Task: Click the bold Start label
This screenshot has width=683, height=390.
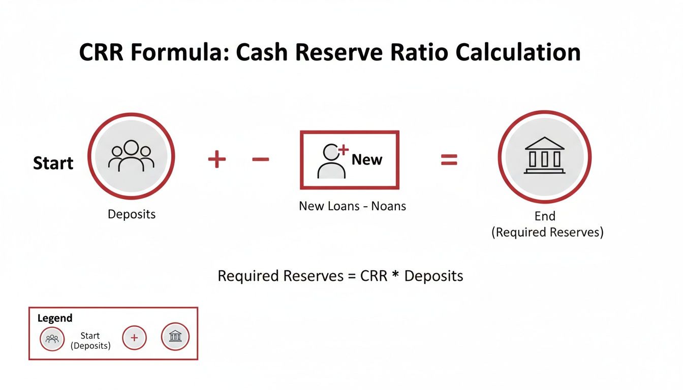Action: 53,163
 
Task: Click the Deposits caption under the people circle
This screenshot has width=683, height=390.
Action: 132,214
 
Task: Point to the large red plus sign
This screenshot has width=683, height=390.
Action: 216,159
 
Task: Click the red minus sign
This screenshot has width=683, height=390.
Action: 260,159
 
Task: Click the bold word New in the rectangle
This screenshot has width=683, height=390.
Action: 367,159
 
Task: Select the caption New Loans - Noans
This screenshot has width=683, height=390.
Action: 352,206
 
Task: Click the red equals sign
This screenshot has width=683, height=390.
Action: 449,160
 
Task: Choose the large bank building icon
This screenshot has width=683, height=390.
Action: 544,155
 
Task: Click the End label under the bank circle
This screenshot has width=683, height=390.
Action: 545,216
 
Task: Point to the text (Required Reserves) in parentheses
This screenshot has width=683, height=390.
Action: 547,233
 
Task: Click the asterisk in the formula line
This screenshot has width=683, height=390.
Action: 395,275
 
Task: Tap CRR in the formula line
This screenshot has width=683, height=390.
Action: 374,276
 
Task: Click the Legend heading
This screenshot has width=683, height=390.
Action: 55,318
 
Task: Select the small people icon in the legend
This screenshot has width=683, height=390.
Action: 52,339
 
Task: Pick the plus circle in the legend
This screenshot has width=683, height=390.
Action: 134,338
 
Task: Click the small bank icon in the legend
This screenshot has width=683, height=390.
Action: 175,337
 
